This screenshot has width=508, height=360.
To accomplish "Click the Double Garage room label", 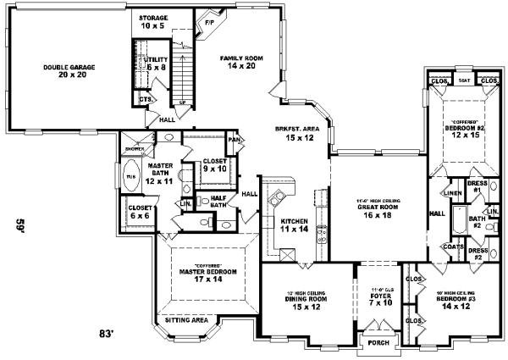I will [58, 70].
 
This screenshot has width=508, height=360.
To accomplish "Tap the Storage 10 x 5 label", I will [153, 20].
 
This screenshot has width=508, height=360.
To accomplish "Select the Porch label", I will [373, 342].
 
